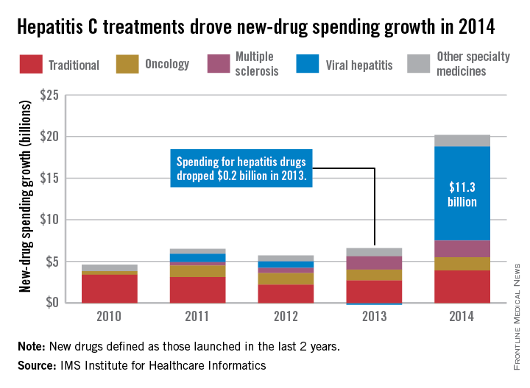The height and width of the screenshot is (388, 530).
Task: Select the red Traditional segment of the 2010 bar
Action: (x=110, y=288)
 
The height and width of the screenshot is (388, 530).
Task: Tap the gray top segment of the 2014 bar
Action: (x=462, y=140)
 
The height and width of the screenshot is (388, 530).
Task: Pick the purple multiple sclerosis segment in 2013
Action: (x=374, y=262)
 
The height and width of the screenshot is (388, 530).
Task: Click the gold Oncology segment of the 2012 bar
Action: (x=286, y=279)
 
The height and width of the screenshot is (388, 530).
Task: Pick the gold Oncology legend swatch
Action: (x=128, y=64)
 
